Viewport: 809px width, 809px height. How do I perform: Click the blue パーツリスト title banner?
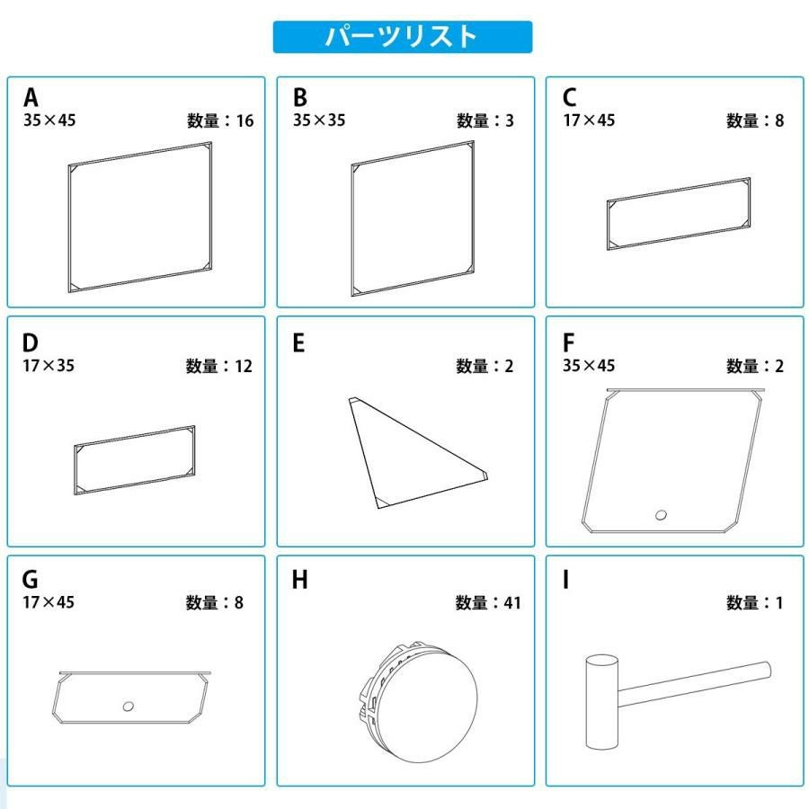pyautogui.click(x=403, y=37)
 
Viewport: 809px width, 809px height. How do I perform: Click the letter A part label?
pyautogui.click(x=31, y=97)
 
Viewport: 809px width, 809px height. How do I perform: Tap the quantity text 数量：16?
pyautogui.click(x=220, y=120)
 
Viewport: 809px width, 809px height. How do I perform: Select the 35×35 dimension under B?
pyautogui.click(x=319, y=120)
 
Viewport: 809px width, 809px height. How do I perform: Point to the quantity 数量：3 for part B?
pyautogui.click(x=485, y=120)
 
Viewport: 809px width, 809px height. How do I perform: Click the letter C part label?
pyautogui.click(x=570, y=97)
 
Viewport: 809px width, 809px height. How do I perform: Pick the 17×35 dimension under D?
pyautogui.click(x=49, y=365)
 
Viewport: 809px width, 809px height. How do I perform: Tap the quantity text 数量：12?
pyautogui.click(x=219, y=367)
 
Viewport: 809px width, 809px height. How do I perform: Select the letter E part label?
pyautogui.click(x=298, y=342)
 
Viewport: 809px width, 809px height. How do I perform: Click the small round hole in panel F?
pyautogui.click(x=661, y=514)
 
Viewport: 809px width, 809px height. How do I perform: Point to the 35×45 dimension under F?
pyautogui.click(x=589, y=365)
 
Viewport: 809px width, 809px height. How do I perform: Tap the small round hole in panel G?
pyautogui.click(x=129, y=706)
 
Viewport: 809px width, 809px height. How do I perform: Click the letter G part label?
pyautogui.click(x=30, y=579)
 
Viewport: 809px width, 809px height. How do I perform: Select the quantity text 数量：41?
pyautogui.click(x=488, y=602)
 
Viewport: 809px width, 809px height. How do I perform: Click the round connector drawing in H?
pyautogui.click(x=419, y=701)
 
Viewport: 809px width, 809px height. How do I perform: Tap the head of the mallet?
pyautogui.click(x=602, y=702)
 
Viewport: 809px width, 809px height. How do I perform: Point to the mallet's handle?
pyautogui.click(x=695, y=684)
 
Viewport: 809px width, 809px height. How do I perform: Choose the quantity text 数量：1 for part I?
pyautogui.click(x=755, y=602)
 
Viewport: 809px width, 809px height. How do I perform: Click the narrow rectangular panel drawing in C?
pyautogui.click(x=679, y=214)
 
